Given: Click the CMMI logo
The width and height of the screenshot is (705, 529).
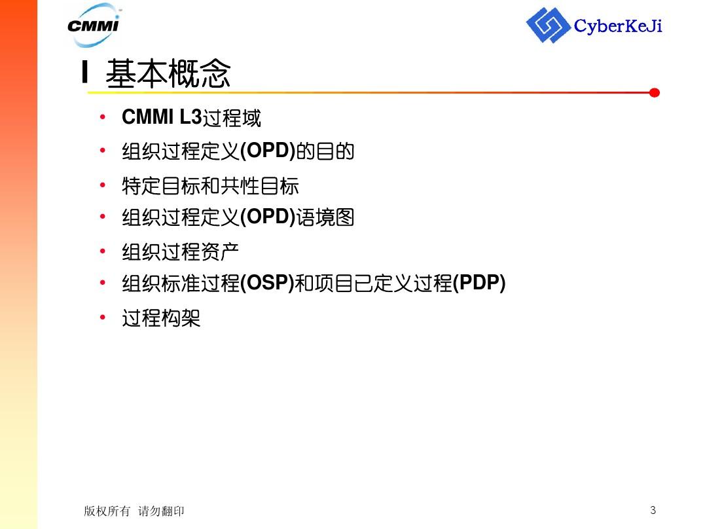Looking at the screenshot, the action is [x=94, y=25].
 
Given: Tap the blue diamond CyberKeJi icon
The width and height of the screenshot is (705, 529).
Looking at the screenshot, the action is [x=547, y=25].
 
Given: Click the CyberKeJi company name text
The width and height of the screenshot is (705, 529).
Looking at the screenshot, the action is [x=618, y=26].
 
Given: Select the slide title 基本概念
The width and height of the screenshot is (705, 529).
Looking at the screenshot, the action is [x=168, y=73].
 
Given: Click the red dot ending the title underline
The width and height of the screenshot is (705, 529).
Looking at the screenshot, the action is [x=655, y=93].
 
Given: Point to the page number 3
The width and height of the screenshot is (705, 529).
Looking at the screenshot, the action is [x=653, y=509].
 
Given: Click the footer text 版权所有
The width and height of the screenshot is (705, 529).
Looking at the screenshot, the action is [x=107, y=511].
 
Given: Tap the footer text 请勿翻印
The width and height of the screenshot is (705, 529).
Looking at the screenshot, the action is [x=161, y=511].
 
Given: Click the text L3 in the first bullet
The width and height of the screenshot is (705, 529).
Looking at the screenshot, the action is [x=190, y=117].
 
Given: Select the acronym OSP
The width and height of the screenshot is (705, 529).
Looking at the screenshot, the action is [x=267, y=283].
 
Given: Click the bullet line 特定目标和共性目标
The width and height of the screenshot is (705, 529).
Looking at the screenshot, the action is [x=210, y=186].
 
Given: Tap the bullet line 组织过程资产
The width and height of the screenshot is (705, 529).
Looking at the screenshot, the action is [x=180, y=252].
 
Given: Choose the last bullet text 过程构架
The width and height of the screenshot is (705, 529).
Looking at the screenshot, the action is [x=161, y=318].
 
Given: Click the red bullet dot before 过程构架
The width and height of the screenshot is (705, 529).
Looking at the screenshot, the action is [x=103, y=318].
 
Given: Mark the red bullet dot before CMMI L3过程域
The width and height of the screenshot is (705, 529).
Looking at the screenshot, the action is [x=103, y=117].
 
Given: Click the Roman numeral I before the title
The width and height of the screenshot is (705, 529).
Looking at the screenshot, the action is [x=84, y=71].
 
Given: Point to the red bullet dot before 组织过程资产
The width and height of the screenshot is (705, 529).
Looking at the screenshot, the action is [x=103, y=251].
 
